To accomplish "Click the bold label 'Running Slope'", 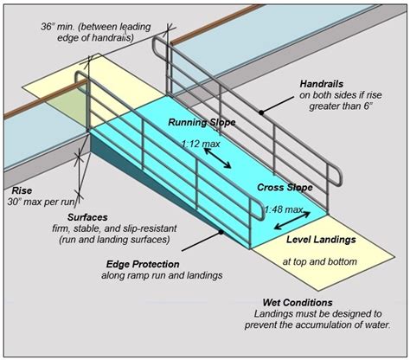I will click(201, 122).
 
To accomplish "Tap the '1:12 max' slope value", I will click(200, 144).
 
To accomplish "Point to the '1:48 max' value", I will click(282, 209).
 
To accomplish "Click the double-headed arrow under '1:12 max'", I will click(216, 158).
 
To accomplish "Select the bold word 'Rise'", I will click(22, 190).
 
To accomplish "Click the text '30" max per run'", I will click(41, 202).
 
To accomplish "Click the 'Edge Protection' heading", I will click(143, 264).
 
